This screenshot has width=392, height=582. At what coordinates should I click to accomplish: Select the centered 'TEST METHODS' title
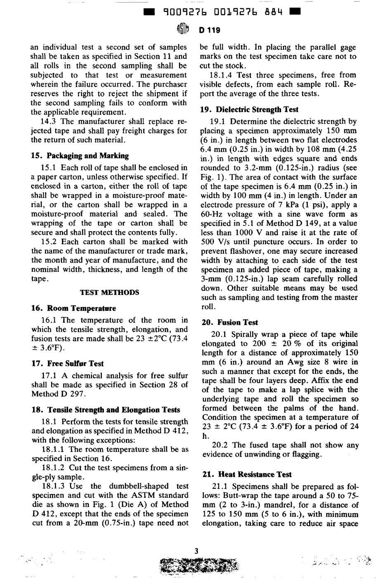pos(109,292)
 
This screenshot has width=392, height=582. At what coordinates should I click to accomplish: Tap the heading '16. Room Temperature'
pos(73,309)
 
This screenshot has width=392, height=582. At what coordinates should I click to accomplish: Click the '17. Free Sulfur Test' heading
pos(67,364)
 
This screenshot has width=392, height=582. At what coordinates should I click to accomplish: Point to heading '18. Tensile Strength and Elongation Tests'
pos(106,410)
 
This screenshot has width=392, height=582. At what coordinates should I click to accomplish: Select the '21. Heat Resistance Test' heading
pos(246,474)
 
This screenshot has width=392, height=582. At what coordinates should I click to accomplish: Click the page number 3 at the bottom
pos(196,551)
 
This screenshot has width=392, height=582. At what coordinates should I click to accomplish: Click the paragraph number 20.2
pos(220,445)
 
